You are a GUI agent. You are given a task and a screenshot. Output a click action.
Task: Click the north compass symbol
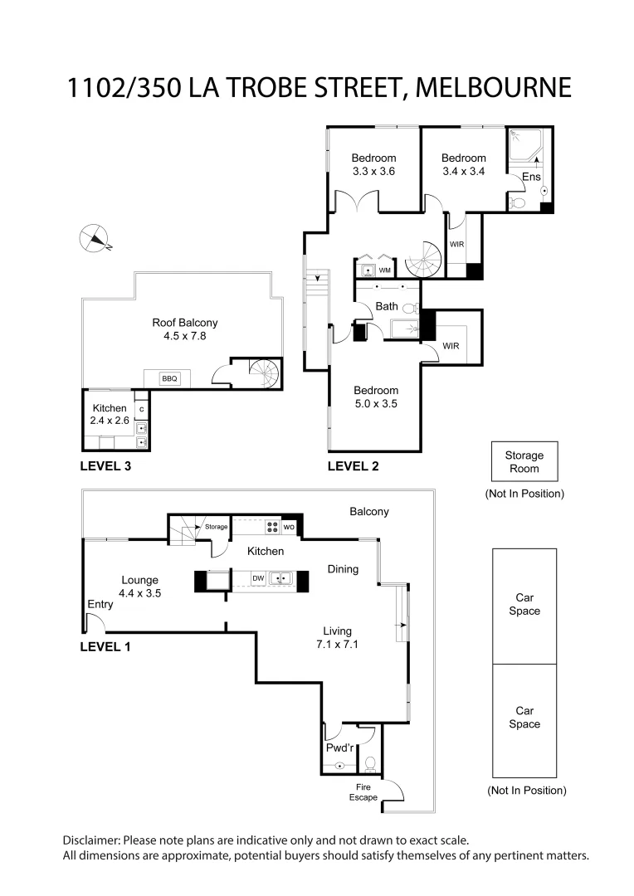point(93,237)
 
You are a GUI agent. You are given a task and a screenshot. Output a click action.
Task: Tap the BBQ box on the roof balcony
point(169,378)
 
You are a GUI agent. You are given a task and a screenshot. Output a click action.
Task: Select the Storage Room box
point(524,462)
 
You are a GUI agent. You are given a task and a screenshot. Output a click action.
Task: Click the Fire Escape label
point(366,792)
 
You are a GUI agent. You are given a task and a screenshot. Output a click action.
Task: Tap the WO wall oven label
point(289,526)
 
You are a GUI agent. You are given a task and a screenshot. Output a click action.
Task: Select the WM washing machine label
point(384,270)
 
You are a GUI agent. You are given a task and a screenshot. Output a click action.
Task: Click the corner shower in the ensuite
point(524,147)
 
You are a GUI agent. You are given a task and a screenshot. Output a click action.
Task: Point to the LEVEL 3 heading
point(105,466)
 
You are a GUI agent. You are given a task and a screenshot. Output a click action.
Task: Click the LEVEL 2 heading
point(353,466)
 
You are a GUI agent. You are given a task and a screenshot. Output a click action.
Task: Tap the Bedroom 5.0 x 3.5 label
point(376,397)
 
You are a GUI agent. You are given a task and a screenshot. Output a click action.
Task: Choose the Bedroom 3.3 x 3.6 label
point(373,165)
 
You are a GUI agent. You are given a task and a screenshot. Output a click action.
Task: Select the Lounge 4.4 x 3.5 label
point(139,587)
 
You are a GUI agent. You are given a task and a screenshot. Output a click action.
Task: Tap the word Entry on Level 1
point(100,604)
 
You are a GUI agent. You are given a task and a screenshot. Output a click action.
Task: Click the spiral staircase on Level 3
point(268,374)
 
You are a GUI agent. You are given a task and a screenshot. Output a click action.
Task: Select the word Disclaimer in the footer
point(93,840)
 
